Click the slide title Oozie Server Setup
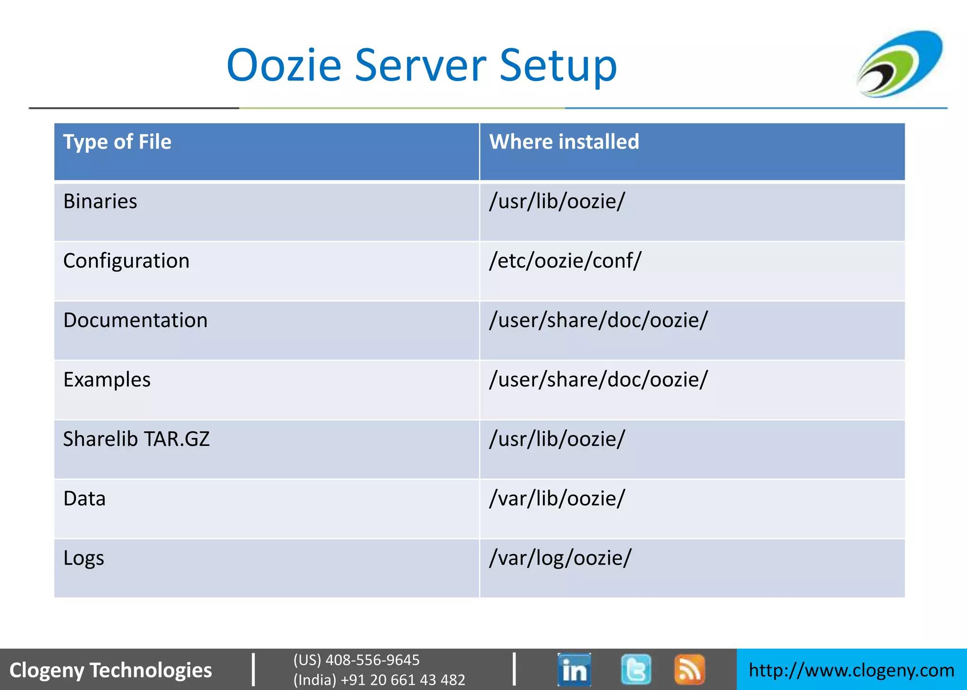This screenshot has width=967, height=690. tap(422, 65)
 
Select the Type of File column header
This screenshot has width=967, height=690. tap(117, 142)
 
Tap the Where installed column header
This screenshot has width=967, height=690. tap(564, 142)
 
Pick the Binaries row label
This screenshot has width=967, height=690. tap(100, 202)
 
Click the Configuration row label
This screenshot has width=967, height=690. tap(126, 261)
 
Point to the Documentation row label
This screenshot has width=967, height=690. tap(135, 320)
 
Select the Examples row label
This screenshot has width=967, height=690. tap(107, 380)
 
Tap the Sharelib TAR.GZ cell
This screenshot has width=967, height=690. tap(136, 439)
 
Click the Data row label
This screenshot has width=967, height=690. tap(85, 499)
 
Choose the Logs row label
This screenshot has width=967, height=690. tap(84, 558)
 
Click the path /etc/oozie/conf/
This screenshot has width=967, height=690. tap(565, 261)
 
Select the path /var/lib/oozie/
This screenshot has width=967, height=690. tap(557, 499)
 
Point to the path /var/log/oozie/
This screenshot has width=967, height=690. tap(560, 558)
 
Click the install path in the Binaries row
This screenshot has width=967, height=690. tap(557, 202)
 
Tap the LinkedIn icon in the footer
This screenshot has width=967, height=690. tap(574, 669)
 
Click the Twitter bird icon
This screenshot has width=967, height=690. tap(636, 669)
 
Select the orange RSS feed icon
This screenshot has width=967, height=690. tap(689, 669)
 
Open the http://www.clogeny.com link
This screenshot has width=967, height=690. tap(851, 670)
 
